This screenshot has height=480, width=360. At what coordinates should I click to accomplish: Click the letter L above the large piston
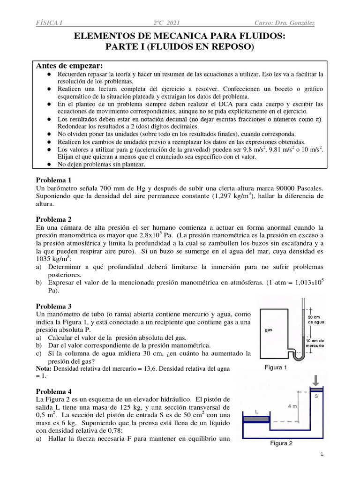256,411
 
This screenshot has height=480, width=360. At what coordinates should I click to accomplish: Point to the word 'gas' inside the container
269,330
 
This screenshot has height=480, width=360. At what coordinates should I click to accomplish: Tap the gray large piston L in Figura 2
256,418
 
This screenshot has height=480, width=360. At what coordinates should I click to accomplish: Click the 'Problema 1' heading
54,180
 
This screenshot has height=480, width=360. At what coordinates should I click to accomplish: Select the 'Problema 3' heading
54,306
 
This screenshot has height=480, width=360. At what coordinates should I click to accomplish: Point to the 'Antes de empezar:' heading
70,65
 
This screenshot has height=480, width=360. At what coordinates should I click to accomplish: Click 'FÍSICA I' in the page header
49,23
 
